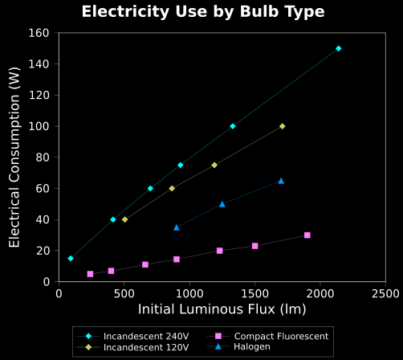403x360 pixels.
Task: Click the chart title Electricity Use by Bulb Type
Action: pos(203,12)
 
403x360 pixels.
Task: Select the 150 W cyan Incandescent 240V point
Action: pos(339,48)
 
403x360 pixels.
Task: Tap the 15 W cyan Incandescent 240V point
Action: pos(71,259)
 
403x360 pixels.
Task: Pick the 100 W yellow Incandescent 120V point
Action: pos(282,126)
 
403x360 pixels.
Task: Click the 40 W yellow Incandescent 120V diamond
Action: pos(124,219)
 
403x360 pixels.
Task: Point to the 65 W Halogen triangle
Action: pos(281,181)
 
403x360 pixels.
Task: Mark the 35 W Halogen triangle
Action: pos(177,227)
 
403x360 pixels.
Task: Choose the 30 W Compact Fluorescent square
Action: pos(307,235)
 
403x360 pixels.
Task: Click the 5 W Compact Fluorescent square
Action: pos(90,274)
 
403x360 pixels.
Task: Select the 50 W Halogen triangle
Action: pos(222,204)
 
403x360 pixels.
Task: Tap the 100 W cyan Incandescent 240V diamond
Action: pos(233,126)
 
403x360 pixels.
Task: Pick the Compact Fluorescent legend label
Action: pos(281,336)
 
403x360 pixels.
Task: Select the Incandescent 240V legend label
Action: pos(146,336)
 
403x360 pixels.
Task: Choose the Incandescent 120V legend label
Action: pos(146,347)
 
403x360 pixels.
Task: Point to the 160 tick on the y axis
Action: pos(39,33)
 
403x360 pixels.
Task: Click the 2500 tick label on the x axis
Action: pos(385,294)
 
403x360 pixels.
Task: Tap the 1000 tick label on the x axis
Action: pos(189,294)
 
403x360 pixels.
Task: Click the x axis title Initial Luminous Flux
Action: pos(222,309)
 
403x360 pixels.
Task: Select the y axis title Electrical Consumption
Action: pos(14,157)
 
